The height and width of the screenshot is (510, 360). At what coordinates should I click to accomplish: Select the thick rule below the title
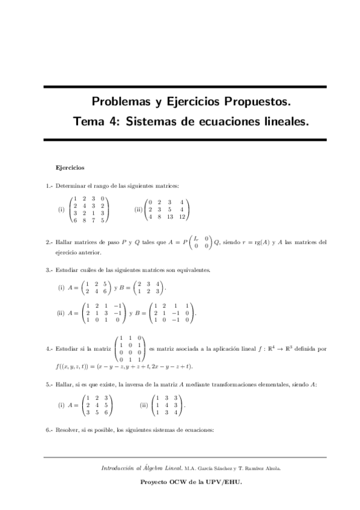tap(185, 140)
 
